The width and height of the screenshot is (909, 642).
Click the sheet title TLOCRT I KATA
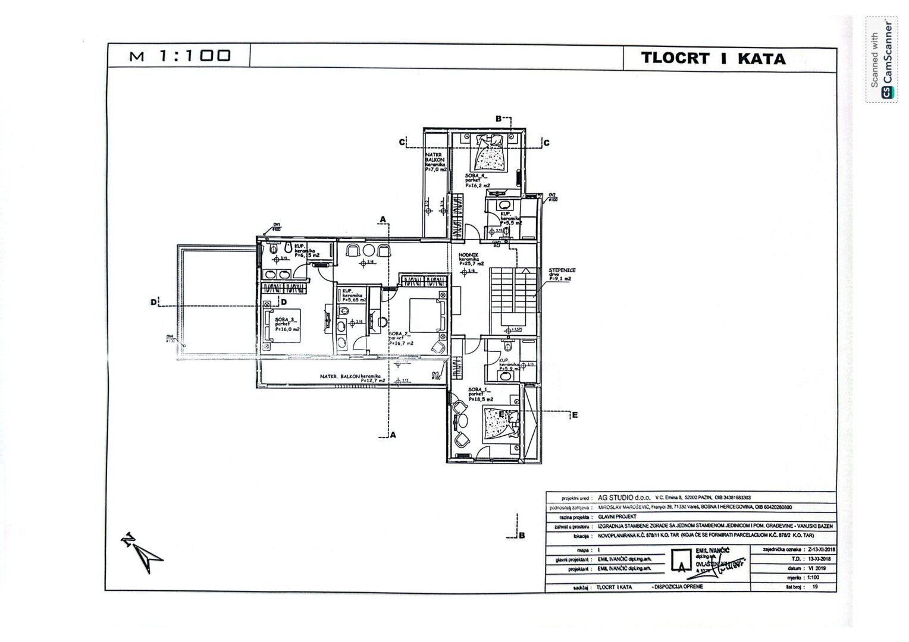(x=713, y=58)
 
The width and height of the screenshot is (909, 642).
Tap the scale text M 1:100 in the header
(x=180, y=56)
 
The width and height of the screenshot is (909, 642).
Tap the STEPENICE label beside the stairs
(x=562, y=270)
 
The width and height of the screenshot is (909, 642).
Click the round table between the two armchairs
(x=368, y=250)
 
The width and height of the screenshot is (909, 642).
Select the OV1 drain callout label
(x=277, y=226)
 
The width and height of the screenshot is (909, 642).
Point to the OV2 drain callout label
(x=552, y=197)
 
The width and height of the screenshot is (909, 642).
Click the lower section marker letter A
(x=393, y=435)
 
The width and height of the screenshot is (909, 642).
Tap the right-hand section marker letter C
(x=546, y=143)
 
